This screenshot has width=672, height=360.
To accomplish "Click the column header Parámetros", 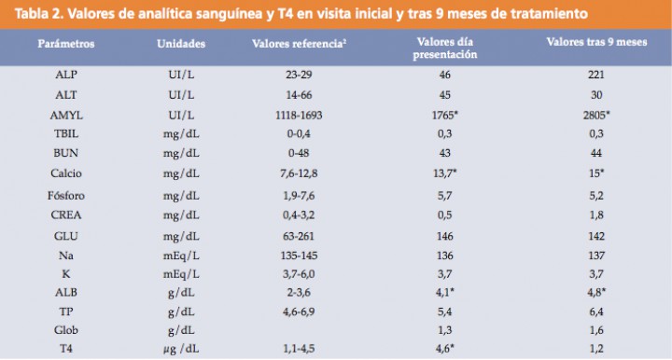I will (66, 44).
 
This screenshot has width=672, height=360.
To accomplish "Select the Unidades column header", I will (181, 44).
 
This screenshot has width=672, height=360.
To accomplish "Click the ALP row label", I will (66, 73).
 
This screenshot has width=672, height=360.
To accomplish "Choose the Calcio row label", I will (66, 173).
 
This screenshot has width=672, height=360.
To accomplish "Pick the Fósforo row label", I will (66, 198).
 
